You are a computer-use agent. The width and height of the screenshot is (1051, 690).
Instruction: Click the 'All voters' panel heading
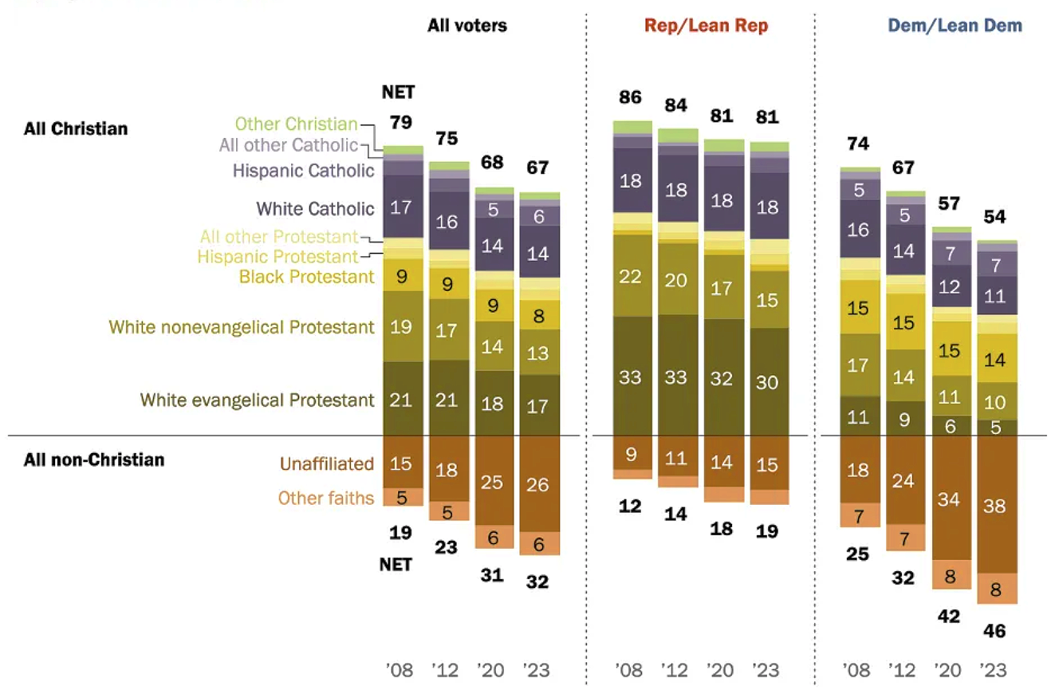coord(466,26)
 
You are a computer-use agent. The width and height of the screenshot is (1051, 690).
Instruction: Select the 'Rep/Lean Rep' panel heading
coord(707,26)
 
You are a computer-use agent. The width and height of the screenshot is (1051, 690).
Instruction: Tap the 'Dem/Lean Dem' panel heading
coord(955,26)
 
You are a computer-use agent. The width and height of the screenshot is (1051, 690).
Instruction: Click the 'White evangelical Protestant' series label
coord(257,400)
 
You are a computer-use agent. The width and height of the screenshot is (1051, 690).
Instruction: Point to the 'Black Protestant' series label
coord(306,277)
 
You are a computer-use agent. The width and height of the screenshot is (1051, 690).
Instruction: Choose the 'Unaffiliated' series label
coord(326,463)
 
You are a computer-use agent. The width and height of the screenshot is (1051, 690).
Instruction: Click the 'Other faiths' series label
coord(325,498)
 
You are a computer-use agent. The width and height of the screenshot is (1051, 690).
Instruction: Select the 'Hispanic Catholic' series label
coord(303,170)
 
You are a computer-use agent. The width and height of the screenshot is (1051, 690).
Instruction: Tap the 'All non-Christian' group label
coord(94,459)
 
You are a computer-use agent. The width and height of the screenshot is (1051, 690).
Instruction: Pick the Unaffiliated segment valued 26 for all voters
coord(538,483)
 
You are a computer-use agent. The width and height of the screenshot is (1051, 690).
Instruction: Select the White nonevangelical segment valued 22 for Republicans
coord(630,275)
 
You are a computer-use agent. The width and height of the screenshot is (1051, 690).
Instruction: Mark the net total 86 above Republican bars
coord(630,98)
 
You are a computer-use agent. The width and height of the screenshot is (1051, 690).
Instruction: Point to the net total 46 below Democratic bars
coord(994,631)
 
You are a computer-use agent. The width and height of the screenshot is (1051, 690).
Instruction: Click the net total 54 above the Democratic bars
coord(994,217)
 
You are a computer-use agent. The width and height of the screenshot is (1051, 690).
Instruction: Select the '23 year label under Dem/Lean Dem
coord(994,670)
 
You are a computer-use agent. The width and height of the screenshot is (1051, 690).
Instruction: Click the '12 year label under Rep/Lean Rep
coord(675,670)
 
